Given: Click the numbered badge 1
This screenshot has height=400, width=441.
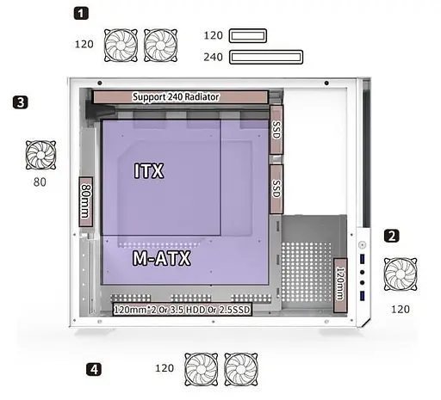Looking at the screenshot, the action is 81,14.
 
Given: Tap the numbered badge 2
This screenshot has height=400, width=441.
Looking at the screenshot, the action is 392,236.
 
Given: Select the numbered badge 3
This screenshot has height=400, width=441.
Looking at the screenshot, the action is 21,102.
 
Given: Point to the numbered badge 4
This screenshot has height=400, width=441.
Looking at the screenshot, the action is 94,369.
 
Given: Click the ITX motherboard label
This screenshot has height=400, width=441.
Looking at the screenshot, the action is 149,171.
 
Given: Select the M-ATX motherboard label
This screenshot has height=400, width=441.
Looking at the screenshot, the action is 162,258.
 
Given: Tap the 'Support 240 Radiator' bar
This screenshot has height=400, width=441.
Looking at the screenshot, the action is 180,97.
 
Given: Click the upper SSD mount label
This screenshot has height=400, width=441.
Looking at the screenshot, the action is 276,130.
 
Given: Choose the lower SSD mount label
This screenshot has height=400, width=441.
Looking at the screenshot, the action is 276,189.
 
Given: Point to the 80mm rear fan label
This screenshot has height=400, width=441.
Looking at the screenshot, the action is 86,201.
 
